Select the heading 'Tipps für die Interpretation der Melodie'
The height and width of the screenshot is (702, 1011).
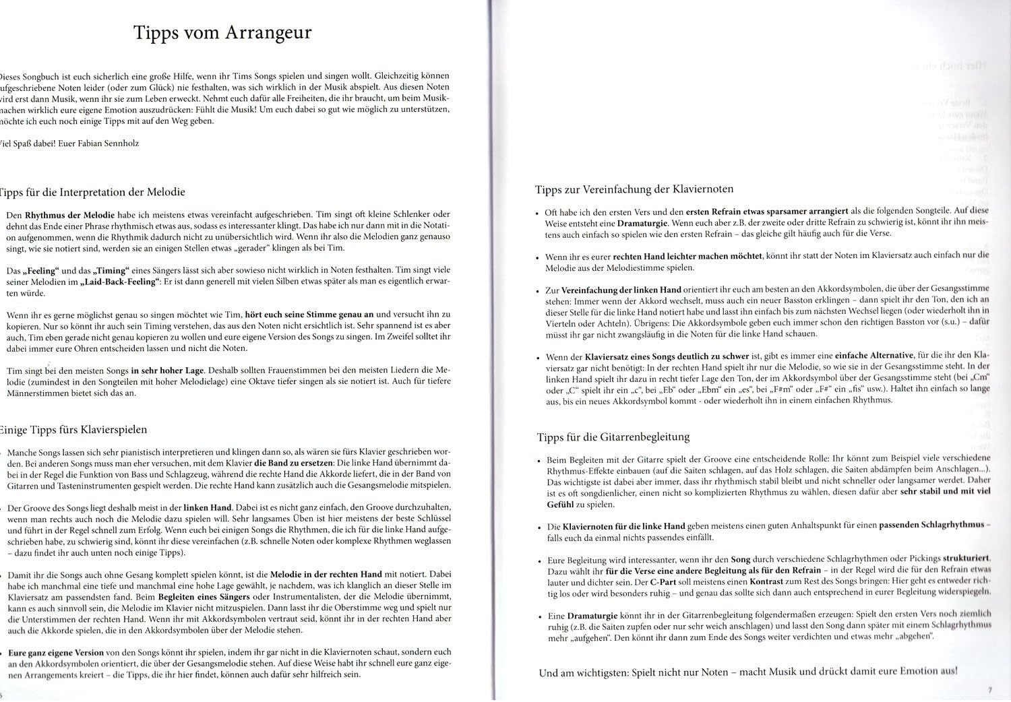93,192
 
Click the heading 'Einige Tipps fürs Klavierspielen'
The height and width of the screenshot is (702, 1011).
74,429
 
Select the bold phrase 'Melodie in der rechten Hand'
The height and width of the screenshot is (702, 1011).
326,574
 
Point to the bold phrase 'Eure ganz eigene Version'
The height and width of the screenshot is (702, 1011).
56,652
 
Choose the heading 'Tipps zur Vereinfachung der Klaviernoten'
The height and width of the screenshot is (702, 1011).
634,189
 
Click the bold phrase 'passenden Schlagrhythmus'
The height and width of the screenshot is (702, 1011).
932,525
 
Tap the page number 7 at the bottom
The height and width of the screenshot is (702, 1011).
989,689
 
